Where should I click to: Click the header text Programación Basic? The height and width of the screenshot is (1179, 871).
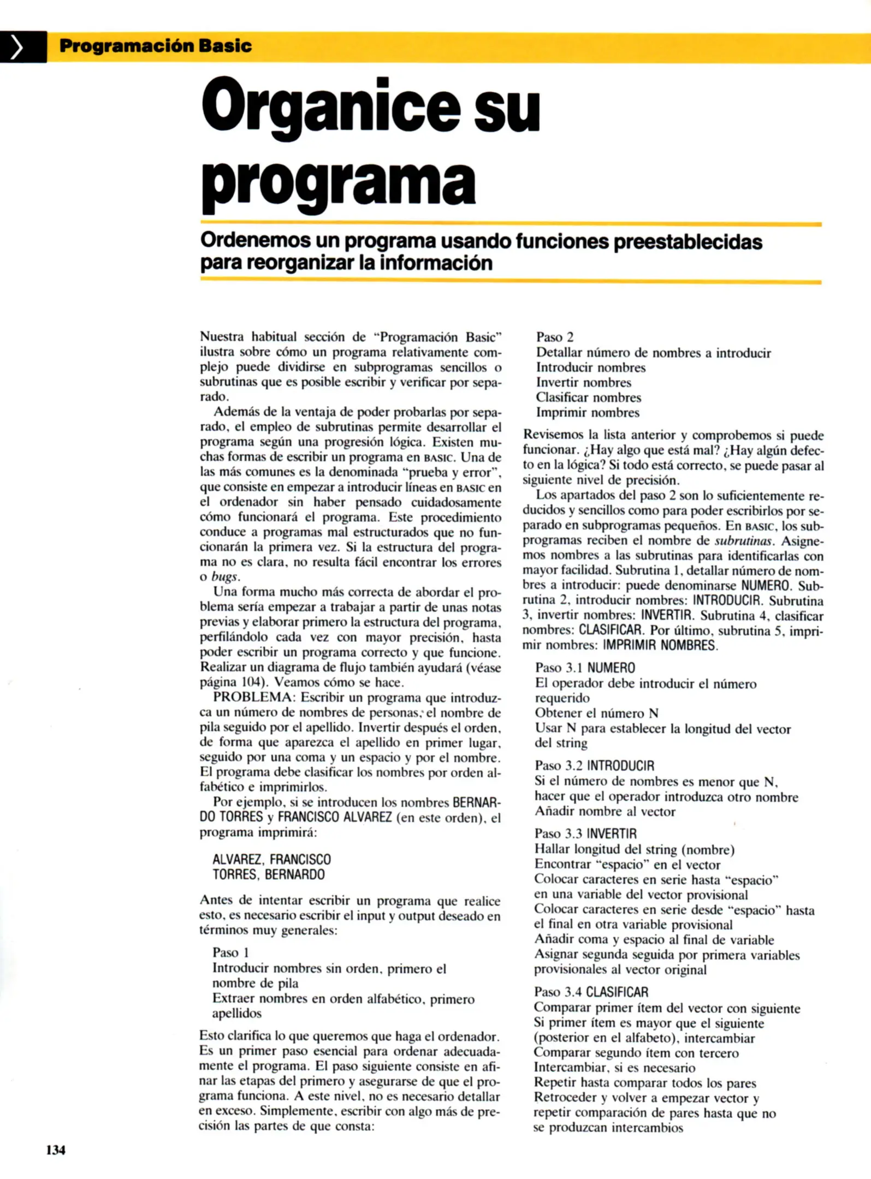pyautogui.click(x=155, y=46)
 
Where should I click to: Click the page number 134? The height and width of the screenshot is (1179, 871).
pyautogui.click(x=56, y=1150)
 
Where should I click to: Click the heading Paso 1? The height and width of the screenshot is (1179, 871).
pyautogui.click(x=230, y=952)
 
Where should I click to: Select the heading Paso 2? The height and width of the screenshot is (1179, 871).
pyautogui.click(x=554, y=337)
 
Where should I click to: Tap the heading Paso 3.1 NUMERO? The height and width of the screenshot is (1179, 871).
pyautogui.click(x=585, y=668)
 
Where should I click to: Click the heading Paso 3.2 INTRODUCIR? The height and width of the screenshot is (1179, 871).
pyautogui.click(x=594, y=766)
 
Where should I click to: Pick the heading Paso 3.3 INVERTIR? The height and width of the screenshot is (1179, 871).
pyautogui.click(x=585, y=833)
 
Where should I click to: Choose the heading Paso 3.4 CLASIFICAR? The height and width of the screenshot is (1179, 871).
pyautogui.click(x=591, y=992)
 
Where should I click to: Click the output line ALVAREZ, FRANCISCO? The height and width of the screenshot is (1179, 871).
pyautogui.click(x=271, y=860)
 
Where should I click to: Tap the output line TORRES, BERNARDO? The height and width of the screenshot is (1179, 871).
pyautogui.click(x=268, y=874)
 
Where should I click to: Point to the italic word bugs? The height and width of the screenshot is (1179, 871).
pyautogui.click(x=225, y=577)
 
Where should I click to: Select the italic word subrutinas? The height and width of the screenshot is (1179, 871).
pyautogui.click(x=744, y=541)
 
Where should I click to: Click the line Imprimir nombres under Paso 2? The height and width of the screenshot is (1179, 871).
pyautogui.click(x=587, y=413)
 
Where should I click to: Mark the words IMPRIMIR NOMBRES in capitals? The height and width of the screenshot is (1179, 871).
pyautogui.click(x=660, y=645)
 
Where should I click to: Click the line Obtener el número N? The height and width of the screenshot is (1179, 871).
pyautogui.click(x=596, y=713)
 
